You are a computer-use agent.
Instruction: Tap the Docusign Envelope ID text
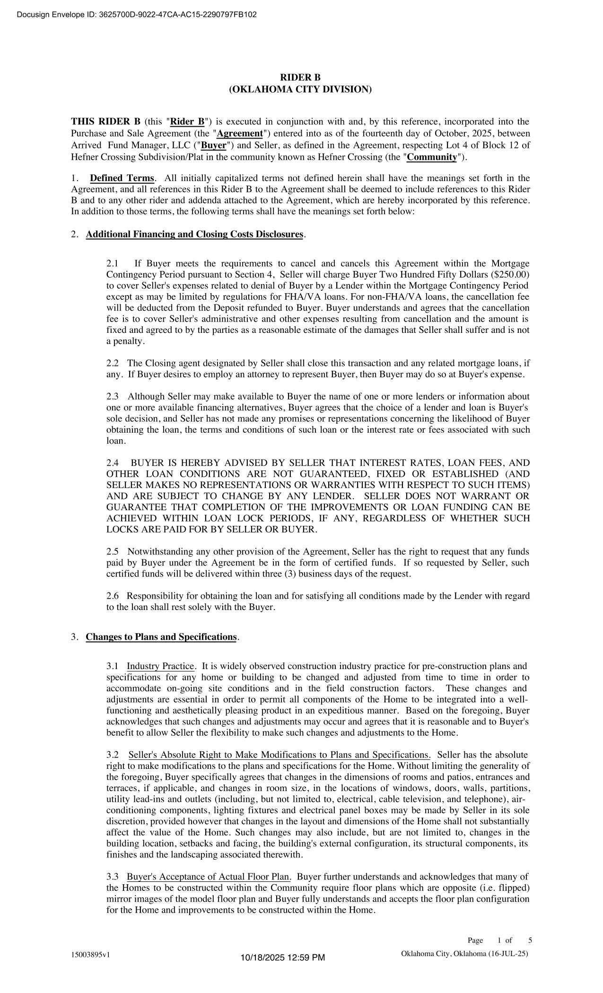click(137, 15)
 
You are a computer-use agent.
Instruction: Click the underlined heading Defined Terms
click(122, 178)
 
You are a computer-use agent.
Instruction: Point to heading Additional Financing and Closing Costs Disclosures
click(194, 235)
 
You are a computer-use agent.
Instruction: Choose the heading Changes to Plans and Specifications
click(161, 637)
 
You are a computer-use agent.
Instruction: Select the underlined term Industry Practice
click(160, 666)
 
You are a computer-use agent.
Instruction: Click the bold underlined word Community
click(432, 157)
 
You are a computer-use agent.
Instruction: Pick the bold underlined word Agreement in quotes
click(240, 134)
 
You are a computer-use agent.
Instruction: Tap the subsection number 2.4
click(113, 463)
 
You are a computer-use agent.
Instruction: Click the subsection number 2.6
click(113, 596)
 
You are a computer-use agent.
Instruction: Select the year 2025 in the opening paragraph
click(482, 134)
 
